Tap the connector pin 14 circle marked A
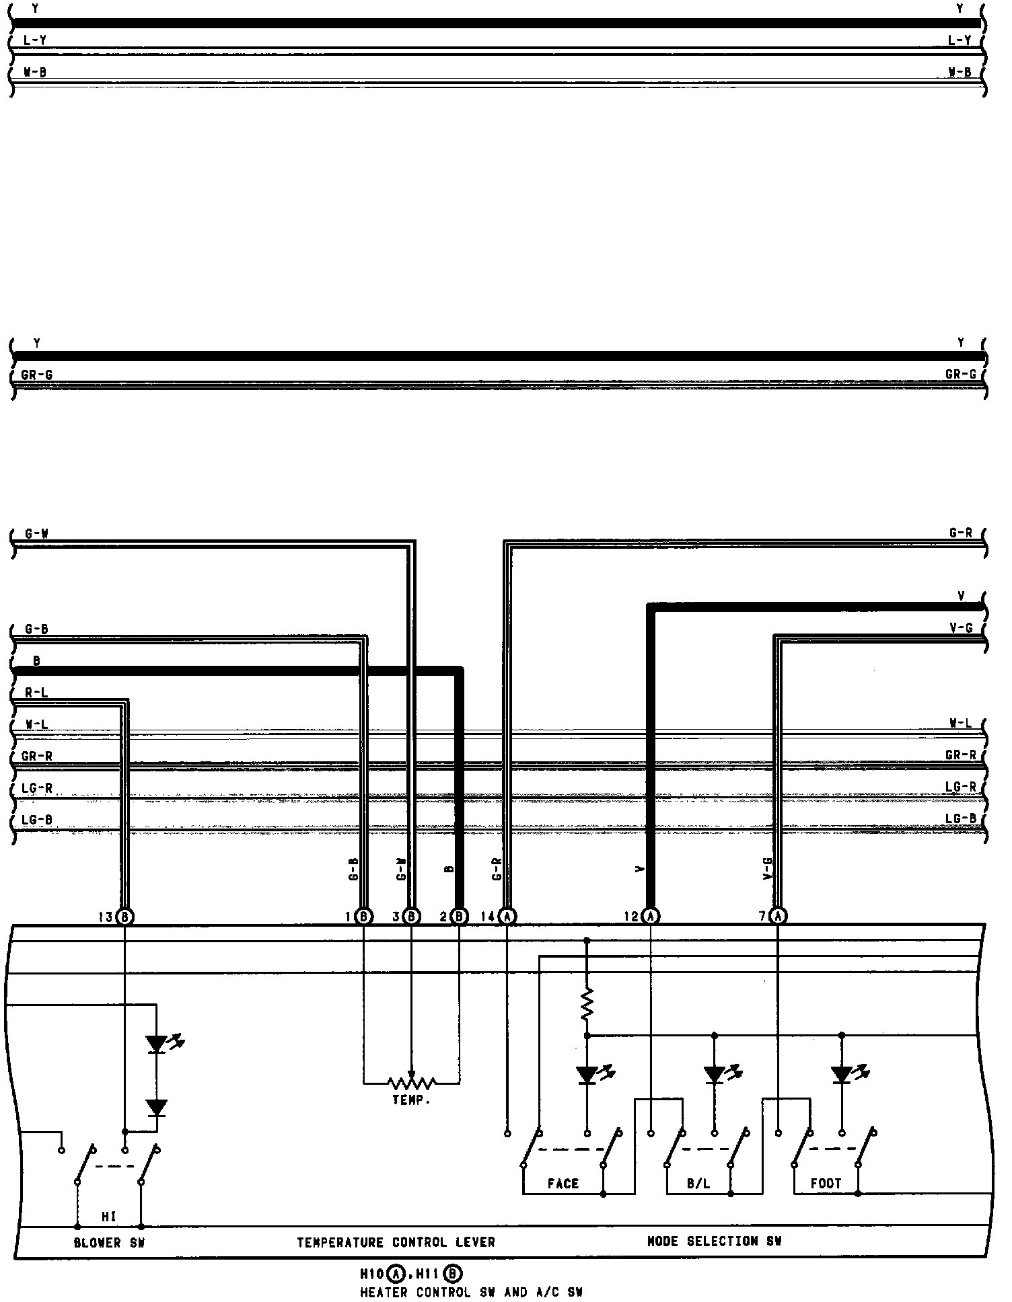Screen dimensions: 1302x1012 (508, 915)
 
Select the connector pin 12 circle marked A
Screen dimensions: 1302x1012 (650, 915)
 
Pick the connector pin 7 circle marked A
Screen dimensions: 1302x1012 (778, 915)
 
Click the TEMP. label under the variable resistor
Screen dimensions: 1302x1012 (411, 1100)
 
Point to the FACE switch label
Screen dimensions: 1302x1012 (563, 1184)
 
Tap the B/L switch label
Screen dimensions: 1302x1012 (698, 1184)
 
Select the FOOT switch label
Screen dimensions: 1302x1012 (826, 1184)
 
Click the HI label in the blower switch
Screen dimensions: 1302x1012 (109, 1216)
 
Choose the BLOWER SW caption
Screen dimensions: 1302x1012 (109, 1243)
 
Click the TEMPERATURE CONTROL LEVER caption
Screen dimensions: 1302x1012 (396, 1242)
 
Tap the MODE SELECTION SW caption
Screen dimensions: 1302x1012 (714, 1241)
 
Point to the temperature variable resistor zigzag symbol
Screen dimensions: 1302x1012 (411, 1082)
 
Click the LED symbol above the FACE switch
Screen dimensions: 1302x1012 (587, 1075)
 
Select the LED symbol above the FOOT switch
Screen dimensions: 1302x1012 (842, 1075)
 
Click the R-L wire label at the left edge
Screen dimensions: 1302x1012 (36, 692)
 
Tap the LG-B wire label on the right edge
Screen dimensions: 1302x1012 (960, 818)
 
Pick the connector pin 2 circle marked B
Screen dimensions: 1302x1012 (459, 915)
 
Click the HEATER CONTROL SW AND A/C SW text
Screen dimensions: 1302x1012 (471, 1292)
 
